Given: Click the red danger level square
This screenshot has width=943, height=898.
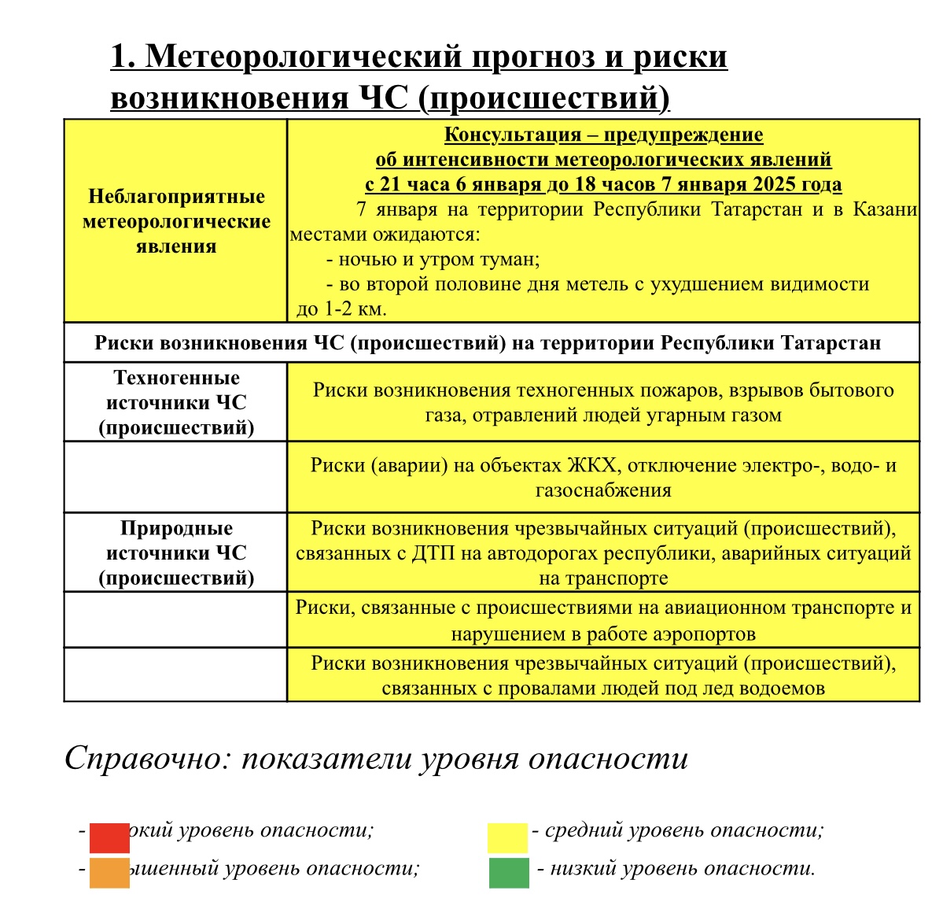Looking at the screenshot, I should (109, 837).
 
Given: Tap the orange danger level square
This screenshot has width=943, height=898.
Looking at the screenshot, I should (109, 872).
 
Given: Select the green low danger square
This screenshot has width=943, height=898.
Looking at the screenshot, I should (509, 872).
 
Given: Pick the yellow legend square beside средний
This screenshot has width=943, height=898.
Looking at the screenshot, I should (507, 837).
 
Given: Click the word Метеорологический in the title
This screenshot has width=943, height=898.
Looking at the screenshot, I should (304, 57).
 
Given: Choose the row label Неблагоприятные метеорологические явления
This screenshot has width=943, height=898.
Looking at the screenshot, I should (176, 221).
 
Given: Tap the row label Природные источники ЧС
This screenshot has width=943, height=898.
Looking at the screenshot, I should (176, 552).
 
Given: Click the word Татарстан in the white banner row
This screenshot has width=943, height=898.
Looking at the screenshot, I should (831, 343).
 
